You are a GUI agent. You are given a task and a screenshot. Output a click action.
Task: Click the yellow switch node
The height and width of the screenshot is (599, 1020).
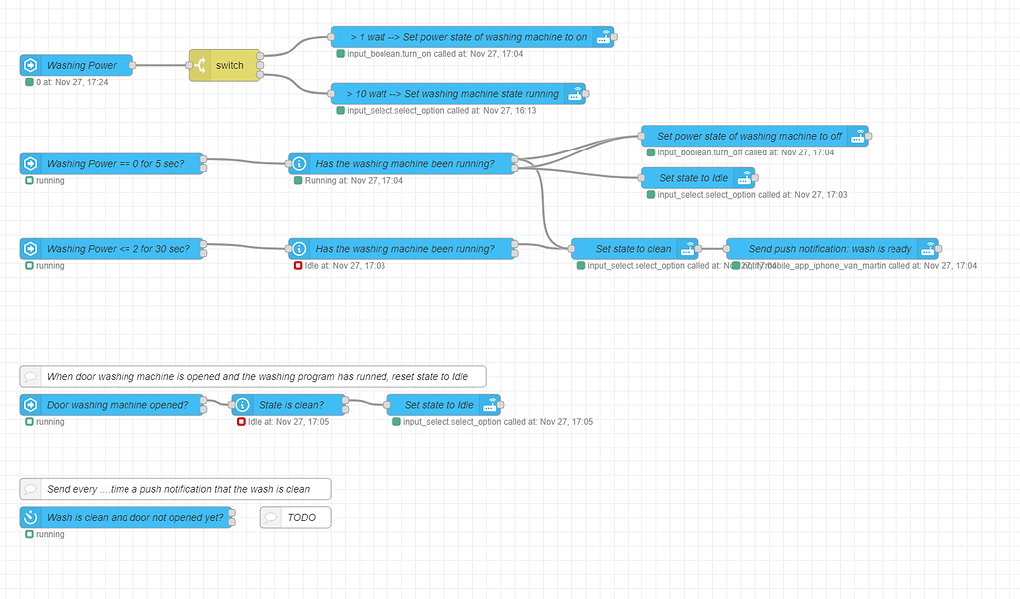click(225, 66)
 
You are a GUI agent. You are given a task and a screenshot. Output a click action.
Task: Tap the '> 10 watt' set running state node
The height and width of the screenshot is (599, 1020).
click(458, 94)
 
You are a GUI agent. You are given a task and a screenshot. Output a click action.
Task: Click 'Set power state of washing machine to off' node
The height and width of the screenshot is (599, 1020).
click(752, 136)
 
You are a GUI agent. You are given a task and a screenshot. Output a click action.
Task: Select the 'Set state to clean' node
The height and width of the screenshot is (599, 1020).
click(634, 248)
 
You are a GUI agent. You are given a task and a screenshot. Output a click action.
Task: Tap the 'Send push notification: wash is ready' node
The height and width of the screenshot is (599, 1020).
click(832, 248)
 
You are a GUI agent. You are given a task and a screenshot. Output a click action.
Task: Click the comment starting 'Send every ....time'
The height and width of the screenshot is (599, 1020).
click(175, 489)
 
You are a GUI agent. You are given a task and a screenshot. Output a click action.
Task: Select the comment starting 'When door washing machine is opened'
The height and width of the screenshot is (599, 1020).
click(253, 376)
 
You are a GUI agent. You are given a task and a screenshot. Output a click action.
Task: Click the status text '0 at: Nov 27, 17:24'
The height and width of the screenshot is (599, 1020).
click(72, 82)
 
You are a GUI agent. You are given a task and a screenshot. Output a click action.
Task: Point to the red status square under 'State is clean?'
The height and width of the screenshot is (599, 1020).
click(241, 422)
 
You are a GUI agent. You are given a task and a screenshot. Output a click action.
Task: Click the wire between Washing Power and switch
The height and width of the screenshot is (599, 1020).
click(160, 66)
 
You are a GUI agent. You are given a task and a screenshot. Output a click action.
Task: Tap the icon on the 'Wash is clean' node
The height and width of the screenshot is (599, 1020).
click(30, 518)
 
